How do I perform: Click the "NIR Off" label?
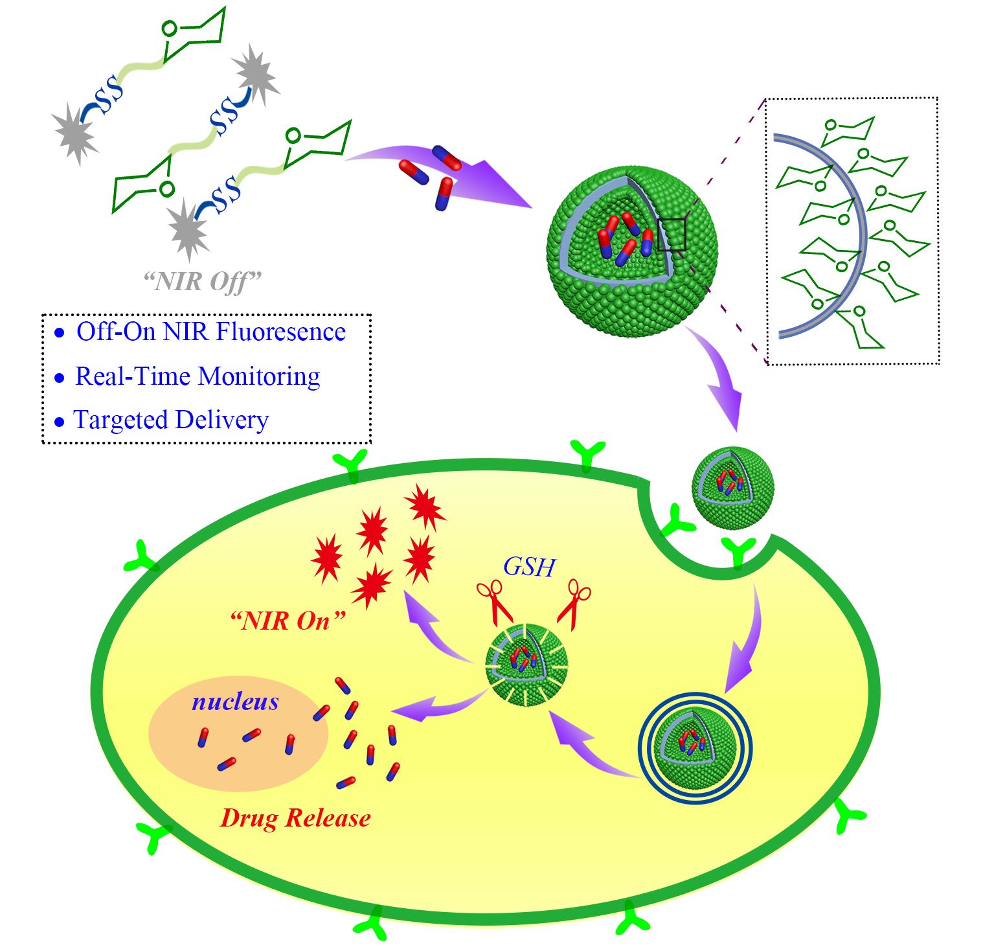tap(202, 281)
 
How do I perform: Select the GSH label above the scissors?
tap(529, 567)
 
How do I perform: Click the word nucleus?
tap(235, 702)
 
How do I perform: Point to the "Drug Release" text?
tap(295, 818)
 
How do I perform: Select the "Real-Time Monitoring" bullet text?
tap(198, 376)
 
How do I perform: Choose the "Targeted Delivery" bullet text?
tap(171, 420)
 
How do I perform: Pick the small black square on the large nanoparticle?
tap(672, 234)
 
